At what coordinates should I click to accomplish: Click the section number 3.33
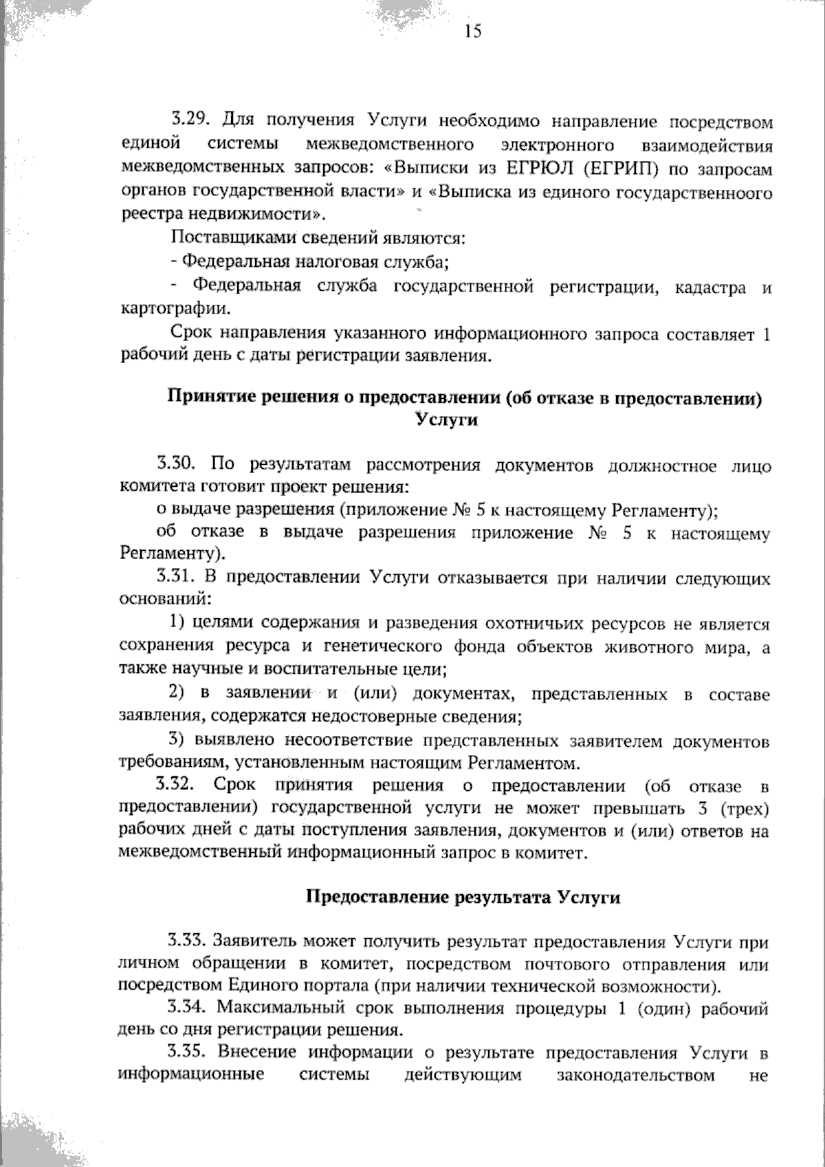pos(187,939)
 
